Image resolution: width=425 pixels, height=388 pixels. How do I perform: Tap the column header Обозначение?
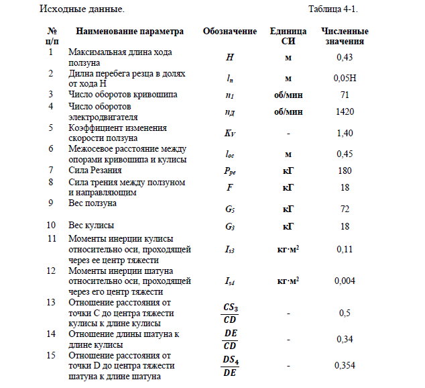(x=230, y=32)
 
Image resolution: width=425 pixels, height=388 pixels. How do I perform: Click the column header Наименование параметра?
(x=129, y=32)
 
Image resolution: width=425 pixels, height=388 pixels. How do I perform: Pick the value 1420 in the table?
(x=345, y=111)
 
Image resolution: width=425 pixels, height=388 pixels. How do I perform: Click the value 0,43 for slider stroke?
(x=345, y=57)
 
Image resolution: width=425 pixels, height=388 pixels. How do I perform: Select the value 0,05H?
(x=345, y=79)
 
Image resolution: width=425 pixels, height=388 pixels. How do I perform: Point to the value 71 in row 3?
(x=345, y=95)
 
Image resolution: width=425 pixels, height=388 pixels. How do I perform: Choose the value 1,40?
(x=345, y=134)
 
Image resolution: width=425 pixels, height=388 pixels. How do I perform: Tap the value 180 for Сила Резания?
(x=345, y=171)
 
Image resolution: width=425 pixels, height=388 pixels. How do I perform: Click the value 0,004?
(x=345, y=280)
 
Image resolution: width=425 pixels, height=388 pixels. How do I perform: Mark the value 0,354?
(x=345, y=366)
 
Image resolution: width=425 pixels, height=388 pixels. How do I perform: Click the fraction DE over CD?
(x=230, y=340)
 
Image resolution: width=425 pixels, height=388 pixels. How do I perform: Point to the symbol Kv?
(x=230, y=134)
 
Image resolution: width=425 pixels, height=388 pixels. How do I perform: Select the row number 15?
(x=52, y=355)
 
